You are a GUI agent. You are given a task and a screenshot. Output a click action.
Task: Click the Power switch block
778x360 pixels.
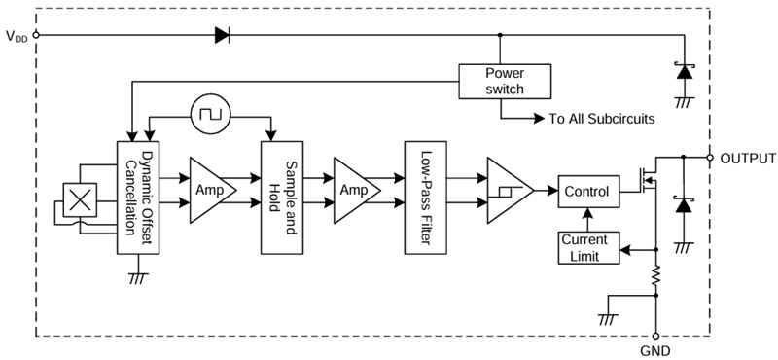504,81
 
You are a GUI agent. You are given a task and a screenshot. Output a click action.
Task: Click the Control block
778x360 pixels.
586,192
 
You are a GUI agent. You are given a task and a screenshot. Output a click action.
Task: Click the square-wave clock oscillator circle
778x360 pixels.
207,115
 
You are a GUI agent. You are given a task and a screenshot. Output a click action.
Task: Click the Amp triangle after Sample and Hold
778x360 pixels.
353,191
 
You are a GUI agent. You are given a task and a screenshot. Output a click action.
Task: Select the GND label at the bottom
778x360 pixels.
654,349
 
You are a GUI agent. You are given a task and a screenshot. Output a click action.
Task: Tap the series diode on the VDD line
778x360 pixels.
222,35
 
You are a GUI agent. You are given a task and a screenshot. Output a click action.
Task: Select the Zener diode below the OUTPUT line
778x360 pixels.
685,206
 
